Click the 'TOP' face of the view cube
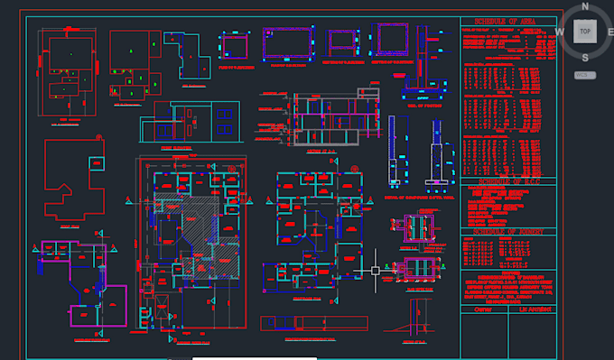(x=586, y=31)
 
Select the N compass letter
(x=586, y=6)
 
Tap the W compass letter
(x=561, y=32)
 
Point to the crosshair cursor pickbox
(x=375, y=269)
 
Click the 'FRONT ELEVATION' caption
(x=178, y=145)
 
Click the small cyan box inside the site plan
(x=96, y=161)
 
